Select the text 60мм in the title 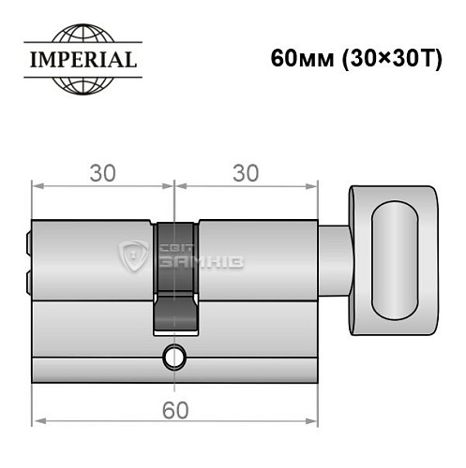(x=297, y=58)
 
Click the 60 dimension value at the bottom (x=173, y=409)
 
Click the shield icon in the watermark (x=133, y=256)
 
